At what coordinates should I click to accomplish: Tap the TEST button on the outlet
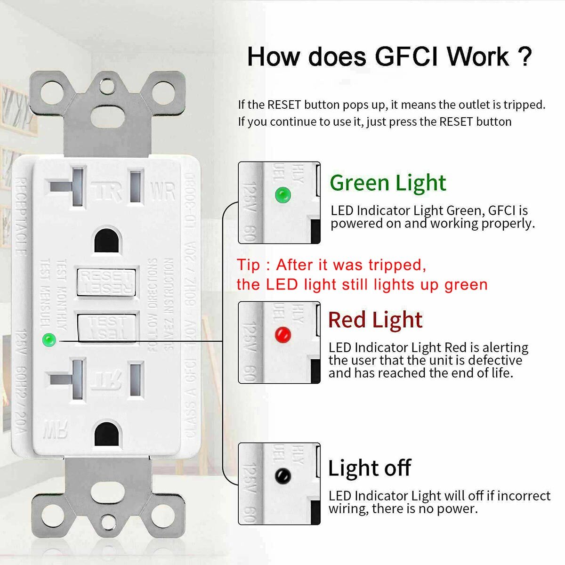point(107,327)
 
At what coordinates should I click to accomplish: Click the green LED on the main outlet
point(48,339)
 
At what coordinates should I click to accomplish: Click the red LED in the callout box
point(282,335)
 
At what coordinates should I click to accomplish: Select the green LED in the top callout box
point(282,194)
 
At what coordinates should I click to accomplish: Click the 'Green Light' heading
point(387,183)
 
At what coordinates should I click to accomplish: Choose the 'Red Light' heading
point(375,320)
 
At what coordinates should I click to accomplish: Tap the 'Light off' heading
point(369,468)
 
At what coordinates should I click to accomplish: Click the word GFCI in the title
point(407,56)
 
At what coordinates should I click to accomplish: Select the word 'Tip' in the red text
point(248,265)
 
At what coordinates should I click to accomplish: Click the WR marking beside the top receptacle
point(163,191)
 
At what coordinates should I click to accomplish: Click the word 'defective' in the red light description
point(488,360)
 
